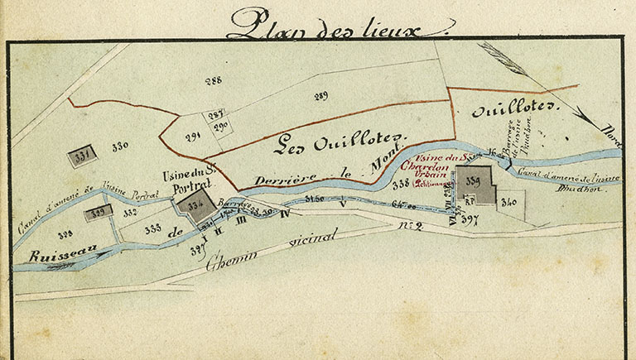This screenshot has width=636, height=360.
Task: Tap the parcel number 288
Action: [x=214, y=80]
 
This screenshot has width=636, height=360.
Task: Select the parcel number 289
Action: [x=321, y=97]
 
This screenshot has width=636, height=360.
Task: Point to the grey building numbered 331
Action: [x=83, y=156]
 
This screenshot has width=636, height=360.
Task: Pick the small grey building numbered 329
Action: [x=99, y=211]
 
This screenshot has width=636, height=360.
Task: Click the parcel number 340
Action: [x=509, y=201]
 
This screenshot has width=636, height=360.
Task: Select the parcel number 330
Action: [x=120, y=146]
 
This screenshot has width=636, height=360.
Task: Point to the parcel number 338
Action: [x=401, y=183]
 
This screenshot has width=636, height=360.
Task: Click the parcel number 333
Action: [x=152, y=229]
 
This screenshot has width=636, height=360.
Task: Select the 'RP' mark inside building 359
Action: [x=468, y=199]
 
